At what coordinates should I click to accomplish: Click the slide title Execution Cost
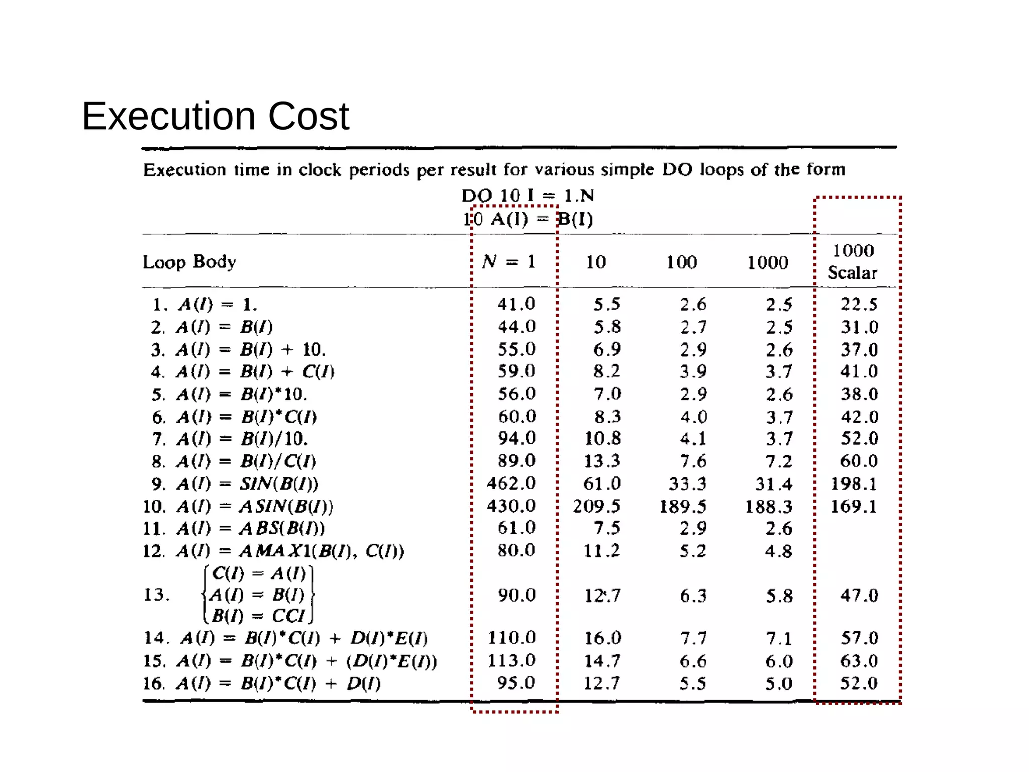click(215, 117)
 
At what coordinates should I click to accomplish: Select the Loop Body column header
click(189, 262)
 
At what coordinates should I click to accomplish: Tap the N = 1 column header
click(508, 261)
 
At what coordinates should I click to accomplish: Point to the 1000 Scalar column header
click(853, 261)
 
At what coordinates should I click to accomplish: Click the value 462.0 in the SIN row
click(511, 483)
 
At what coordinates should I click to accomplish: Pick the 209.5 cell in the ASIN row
click(596, 506)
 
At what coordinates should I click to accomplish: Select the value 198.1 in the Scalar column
click(854, 484)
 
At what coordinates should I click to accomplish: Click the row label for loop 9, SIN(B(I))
click(235, 484)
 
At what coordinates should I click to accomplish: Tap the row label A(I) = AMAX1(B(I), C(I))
click(273, 551)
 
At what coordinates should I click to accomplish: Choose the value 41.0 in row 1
click(516, 304)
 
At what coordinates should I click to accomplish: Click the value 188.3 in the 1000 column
click(768, 506)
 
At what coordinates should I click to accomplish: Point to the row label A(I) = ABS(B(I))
click(234, 528)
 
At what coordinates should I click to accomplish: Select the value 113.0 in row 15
click(511, 660)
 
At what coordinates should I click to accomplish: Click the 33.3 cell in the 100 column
click(687, 484)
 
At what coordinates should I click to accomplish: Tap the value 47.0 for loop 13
click(859, 595)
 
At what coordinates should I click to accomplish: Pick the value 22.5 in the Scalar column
click(859, 304)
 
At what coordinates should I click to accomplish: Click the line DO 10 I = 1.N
click(528, 195)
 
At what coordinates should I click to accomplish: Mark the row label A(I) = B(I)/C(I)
click(234, 461)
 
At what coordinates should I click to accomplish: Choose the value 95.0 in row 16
click(516, 683)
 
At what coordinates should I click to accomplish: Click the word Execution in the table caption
click(184, 170)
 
